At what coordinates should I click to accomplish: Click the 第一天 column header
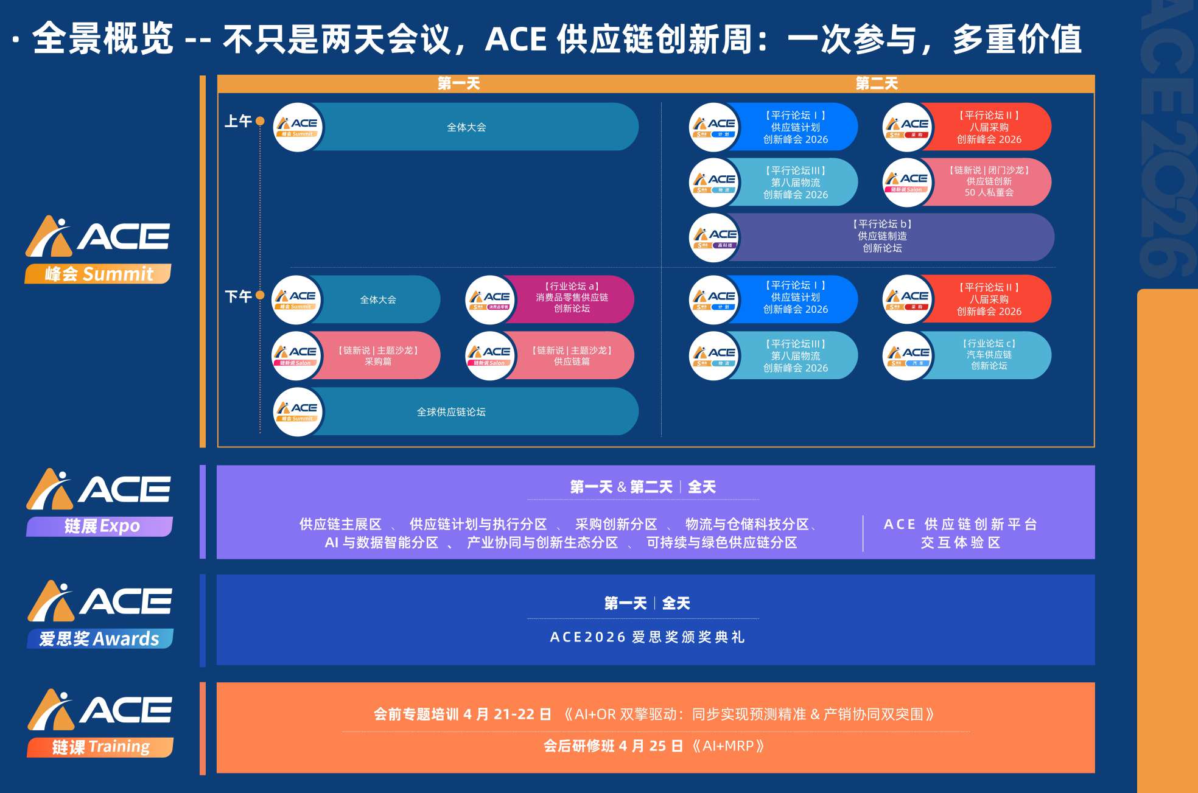pos(458,83)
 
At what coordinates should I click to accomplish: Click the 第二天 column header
pos(877,83)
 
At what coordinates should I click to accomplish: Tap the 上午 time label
pos(238,121)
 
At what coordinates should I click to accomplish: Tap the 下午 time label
pos(238,296)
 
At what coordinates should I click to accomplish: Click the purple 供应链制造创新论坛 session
pos(883,236)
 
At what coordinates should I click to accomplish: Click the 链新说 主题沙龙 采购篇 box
pos(377,355)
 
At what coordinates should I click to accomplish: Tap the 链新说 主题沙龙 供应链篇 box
pos(571,355)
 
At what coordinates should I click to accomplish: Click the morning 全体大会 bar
pos(466,127)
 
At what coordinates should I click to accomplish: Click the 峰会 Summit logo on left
pos(98,250)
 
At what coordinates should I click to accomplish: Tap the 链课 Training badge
pos(100,747)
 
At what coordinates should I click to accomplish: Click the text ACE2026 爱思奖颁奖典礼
pos(647,637)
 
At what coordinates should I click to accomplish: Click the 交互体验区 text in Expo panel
pos(960,542)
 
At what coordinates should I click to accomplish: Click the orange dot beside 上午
pos(260,121)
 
